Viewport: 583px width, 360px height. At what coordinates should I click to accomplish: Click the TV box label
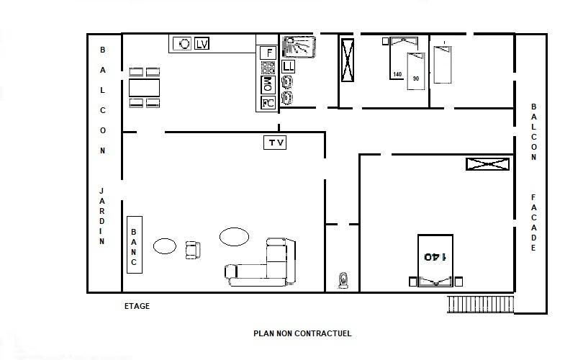[x=275, y=143]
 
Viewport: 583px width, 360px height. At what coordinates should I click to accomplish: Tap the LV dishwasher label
[x=202, y=43]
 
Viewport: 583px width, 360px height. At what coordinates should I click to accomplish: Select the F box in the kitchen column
[x=268, y=53]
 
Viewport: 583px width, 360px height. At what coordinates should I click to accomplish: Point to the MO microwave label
[x=268, y=84]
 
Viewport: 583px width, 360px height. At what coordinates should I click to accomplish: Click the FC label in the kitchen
[x=268, y=103]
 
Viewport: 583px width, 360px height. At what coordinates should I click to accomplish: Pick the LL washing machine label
[x=288, y=66]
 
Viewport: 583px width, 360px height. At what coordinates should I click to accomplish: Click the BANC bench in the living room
[x=134, y=245]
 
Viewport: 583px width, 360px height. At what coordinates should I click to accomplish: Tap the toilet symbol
[x=343, y=280]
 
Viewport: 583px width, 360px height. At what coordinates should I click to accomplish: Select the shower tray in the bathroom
[x=299, y=47]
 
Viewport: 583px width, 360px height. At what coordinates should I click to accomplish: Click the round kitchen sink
[x=182, y=43]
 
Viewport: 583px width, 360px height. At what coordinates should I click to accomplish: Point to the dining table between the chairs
[x=144, y=88]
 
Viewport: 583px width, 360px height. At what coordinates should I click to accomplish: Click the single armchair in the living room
[x=193, y=250]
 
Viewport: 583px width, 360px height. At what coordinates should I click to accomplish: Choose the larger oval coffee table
[x=234, y=237]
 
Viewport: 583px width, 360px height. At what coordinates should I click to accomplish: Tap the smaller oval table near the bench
[x=165, y=246]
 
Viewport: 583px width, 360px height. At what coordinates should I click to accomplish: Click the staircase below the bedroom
[x=480, y=305]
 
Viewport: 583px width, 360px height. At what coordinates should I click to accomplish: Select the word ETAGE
[x=137, y=306]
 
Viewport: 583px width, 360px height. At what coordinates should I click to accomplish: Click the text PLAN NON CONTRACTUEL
[x=302, y=333]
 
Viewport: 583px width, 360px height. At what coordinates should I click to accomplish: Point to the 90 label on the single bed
[x=416, y=78]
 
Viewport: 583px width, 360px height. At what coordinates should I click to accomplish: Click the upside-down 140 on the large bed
[x=435, y=257]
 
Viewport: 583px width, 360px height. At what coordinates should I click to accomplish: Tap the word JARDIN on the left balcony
[x=101, y=216]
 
